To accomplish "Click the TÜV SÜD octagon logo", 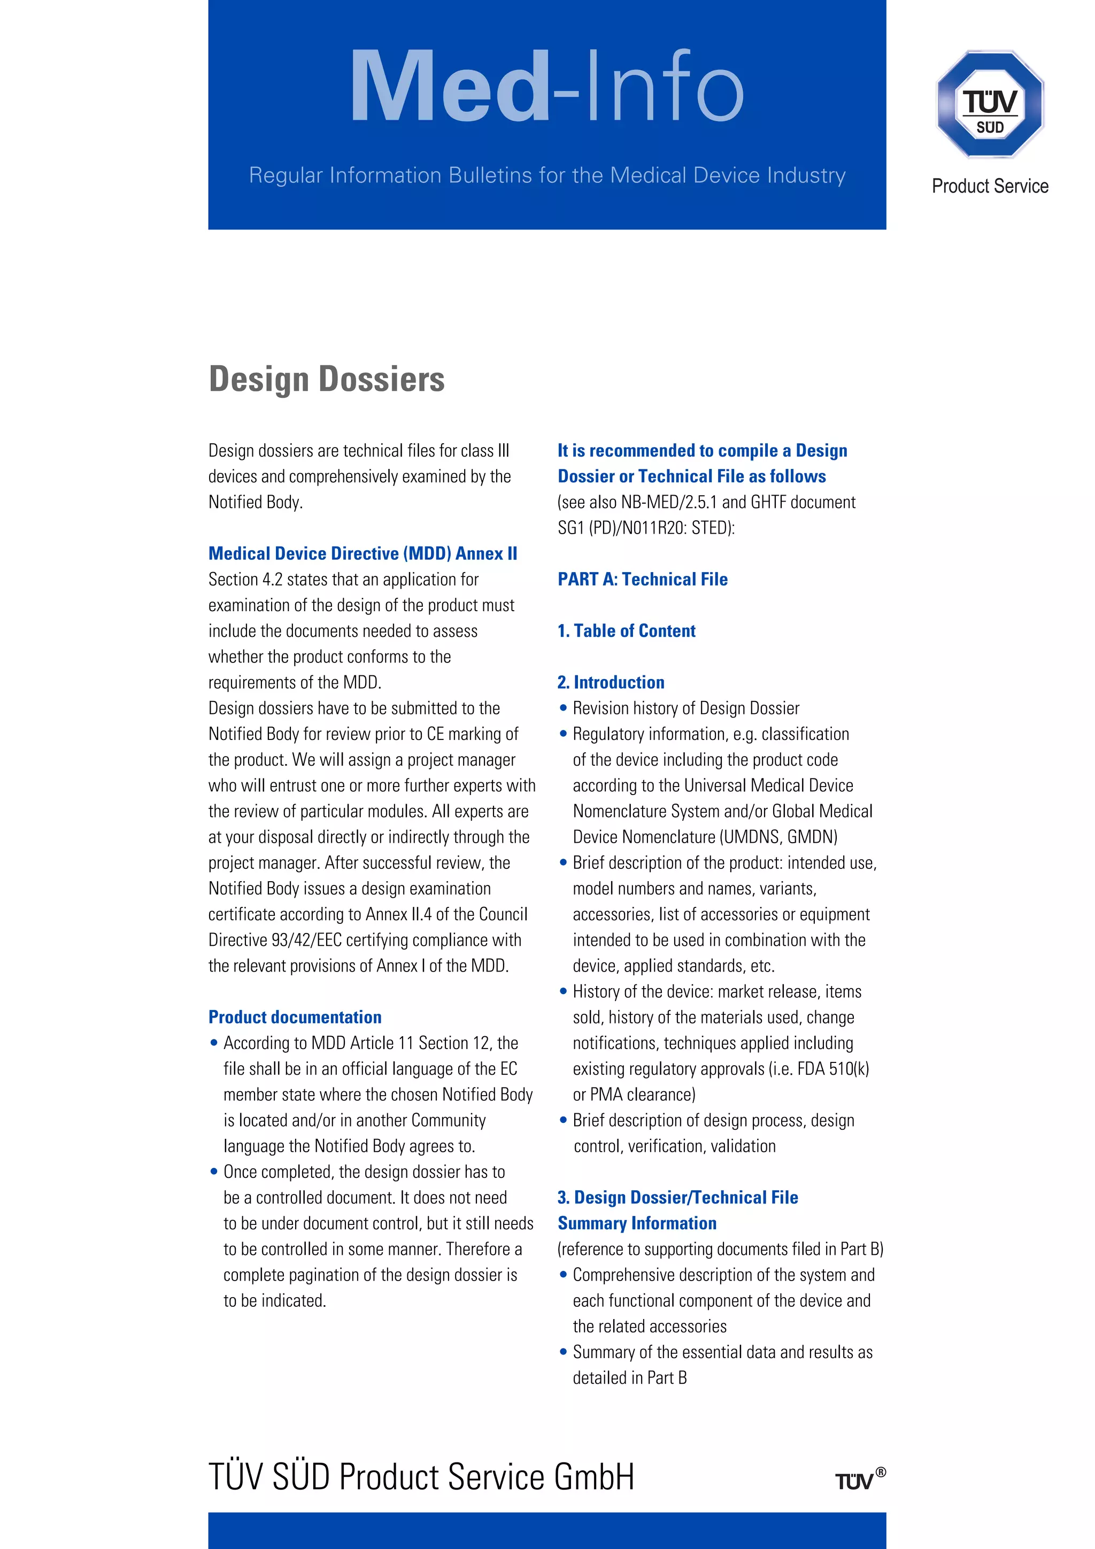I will [990, 105].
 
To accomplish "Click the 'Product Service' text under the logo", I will [990, 186].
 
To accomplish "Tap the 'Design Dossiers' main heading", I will [327, 379].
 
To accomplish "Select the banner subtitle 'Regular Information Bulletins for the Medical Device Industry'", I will [546, 175].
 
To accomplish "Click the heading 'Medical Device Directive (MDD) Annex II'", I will [363, 553].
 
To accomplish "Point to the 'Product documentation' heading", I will [295, 1016].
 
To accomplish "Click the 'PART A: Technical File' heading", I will [642, 579].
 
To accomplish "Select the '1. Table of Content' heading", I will [626, 631].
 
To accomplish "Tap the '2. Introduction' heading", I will [611, 682].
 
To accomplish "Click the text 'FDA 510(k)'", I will [833, 1069].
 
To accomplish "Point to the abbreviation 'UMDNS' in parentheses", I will [752, 837].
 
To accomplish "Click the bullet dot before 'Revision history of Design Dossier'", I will [564, 708].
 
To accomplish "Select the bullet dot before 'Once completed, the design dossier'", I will [214, 1172].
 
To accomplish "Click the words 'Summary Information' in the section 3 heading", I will [637, 1223].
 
